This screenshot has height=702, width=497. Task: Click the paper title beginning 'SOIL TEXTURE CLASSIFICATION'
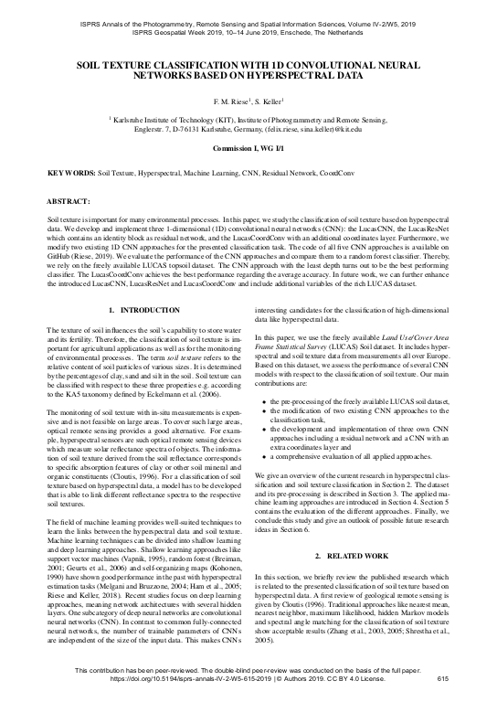pos(248,72)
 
